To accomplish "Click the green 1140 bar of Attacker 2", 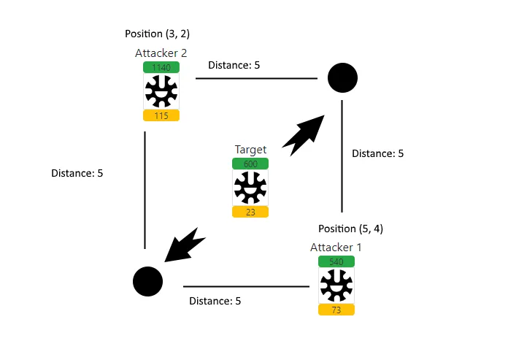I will click(161, 67).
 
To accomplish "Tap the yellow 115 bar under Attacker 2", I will click(161, 115).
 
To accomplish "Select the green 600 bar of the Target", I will click(250, 164).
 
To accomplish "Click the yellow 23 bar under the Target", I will click(250, 212).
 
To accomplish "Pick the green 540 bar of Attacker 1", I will click(336, 261).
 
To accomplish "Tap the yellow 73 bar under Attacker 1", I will click(336, 310).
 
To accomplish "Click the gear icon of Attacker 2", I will click(161, 91).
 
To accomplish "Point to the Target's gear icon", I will click(250, 188).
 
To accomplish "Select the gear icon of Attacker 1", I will click(336, 286).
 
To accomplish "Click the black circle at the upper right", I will click(342, 77).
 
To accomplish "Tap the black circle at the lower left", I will click(147, 281).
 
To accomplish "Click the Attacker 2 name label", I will click(161, 53).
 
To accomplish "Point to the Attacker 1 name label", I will click(336, 247).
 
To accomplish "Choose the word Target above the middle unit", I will click(250, 150).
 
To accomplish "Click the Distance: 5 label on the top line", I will click(234, 65).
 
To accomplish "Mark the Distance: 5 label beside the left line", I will click(77, 174).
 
